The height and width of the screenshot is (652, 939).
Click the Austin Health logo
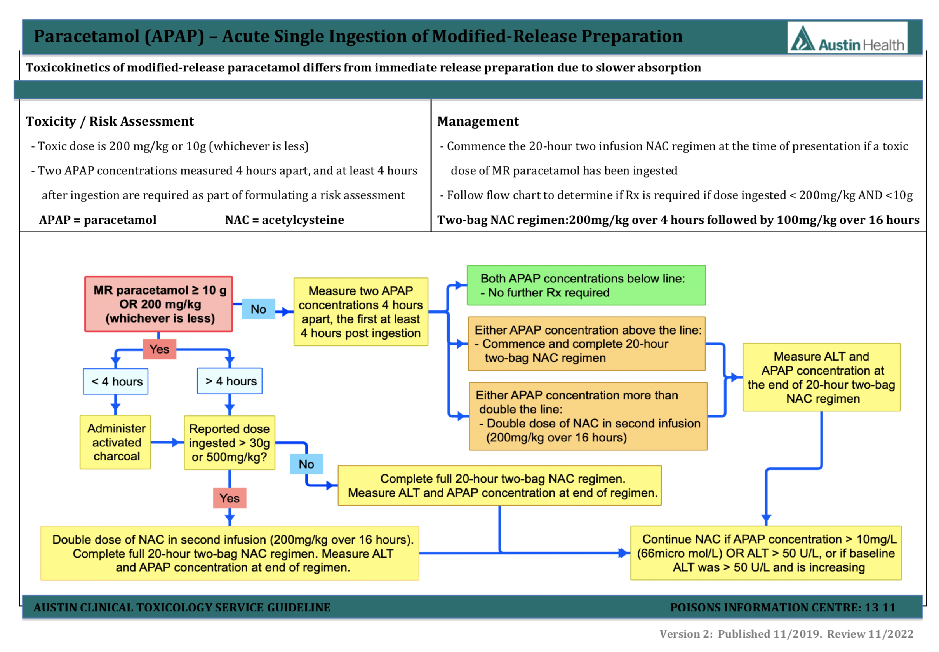point(847,38)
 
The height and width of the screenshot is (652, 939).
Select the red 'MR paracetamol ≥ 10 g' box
point(159,304)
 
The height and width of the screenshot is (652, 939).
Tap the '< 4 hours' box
point(116,381)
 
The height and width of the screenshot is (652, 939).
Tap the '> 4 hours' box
point(230,381)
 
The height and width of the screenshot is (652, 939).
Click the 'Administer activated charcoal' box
point(116,442)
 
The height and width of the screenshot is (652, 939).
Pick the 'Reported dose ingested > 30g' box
point(230,443)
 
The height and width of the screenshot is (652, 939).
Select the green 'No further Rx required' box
point(586,285)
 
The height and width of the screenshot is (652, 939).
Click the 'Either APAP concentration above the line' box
point(587,343)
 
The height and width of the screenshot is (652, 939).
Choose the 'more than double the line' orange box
point(588,416)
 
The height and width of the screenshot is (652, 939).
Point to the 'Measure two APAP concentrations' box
point(361,312)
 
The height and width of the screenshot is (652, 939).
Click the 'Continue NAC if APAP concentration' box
point(766,553)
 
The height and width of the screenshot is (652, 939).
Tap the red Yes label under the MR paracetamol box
point(159,349)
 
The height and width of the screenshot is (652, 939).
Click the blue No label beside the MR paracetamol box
point(258,309)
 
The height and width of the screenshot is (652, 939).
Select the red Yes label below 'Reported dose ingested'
point(230,498)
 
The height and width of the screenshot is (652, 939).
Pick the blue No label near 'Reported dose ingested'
point(306,464)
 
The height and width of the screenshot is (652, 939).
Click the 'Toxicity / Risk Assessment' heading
point(110,121)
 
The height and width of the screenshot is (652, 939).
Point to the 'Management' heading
point(478,121)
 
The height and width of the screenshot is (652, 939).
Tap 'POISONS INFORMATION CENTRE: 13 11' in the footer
point(782,607)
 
